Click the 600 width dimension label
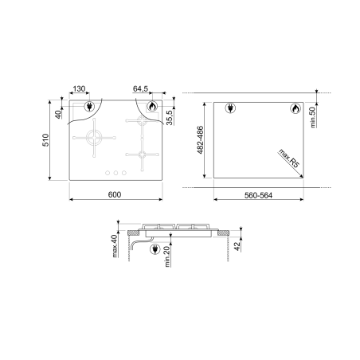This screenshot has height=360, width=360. click(x=115, y=194)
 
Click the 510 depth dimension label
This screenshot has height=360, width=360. click(x=45, y=140)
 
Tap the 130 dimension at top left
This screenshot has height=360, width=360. click(x=79, y=88)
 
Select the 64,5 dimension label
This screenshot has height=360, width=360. click(x=140, y=88)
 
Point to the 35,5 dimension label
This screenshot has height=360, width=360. click(x=170, y=117)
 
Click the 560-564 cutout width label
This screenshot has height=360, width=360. click(x=258, y=195)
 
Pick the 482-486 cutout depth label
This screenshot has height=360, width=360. click(x=200, y=140)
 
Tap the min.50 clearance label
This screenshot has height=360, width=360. click(x=313, y=117)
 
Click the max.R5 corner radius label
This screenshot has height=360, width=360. click(x=289, y=158)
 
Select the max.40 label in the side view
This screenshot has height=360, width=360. click(x=115, y=246)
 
